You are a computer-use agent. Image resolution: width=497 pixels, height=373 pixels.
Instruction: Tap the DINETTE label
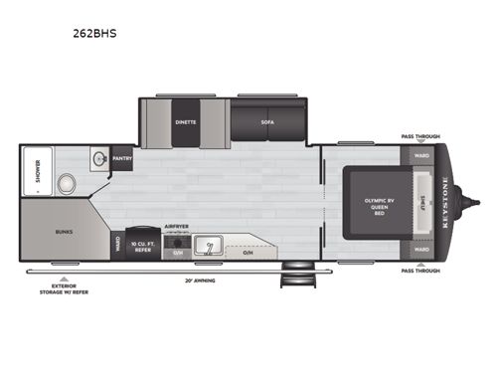(x=186, y=122)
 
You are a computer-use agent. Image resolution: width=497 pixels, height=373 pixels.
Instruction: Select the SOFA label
(x=267, y=122)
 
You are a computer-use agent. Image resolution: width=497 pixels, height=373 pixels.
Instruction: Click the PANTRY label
(x=122, y=158)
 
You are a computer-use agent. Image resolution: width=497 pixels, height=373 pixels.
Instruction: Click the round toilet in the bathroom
(x=65, y=183)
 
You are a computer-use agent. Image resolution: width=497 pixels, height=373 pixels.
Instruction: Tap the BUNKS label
(x=62, y=231)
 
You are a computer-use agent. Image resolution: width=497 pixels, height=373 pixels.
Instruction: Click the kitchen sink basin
(x=210, y=245)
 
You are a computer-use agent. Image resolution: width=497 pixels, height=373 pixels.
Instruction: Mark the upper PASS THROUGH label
(x=420, y=136)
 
